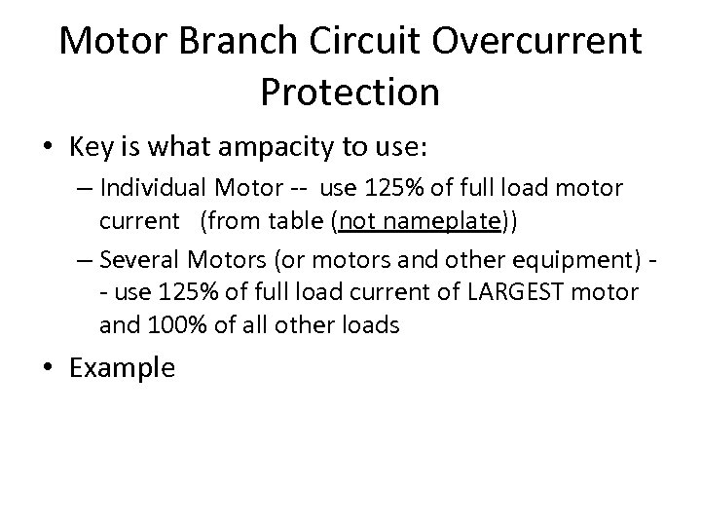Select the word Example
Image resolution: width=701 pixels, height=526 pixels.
click(x=123, y=367)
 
